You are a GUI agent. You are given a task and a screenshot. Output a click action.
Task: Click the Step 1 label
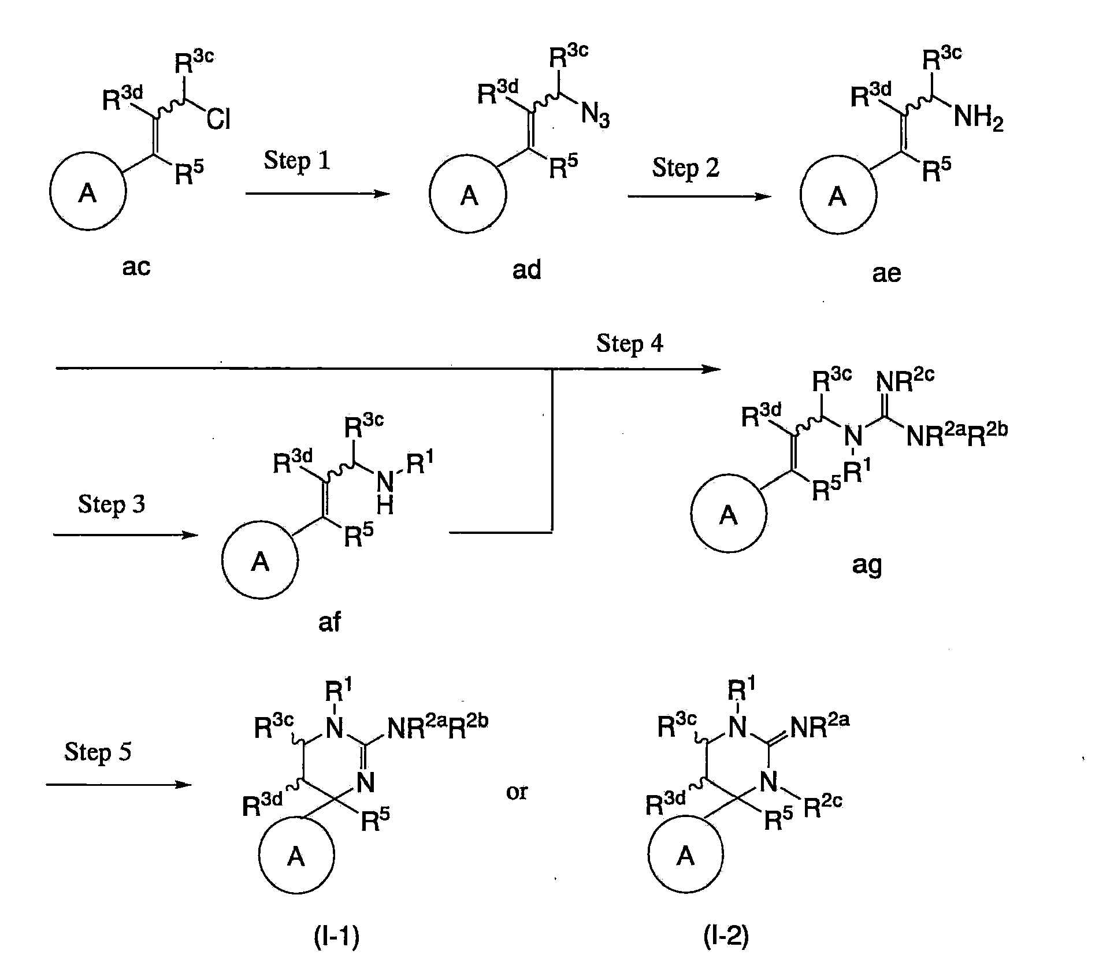297,161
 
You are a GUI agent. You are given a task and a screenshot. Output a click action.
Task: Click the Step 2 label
685,168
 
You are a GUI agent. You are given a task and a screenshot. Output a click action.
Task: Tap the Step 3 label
111,504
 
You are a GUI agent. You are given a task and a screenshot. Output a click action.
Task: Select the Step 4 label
630,343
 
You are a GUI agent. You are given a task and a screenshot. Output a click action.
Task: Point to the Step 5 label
98,752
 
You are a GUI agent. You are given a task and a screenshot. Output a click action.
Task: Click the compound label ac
136,267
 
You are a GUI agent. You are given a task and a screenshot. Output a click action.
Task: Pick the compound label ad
526,270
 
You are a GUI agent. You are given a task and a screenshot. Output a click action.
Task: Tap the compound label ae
886,273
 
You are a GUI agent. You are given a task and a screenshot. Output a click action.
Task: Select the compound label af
329,622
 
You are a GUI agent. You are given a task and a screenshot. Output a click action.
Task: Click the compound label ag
867,565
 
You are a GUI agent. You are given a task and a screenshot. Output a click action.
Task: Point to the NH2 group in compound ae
978,118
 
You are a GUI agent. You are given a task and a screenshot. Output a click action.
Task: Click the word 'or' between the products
517,792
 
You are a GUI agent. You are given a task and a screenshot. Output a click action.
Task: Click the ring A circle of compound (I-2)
685,856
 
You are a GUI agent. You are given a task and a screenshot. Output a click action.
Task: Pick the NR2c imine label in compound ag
905,380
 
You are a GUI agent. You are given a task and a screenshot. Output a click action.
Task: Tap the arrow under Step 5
118,785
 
